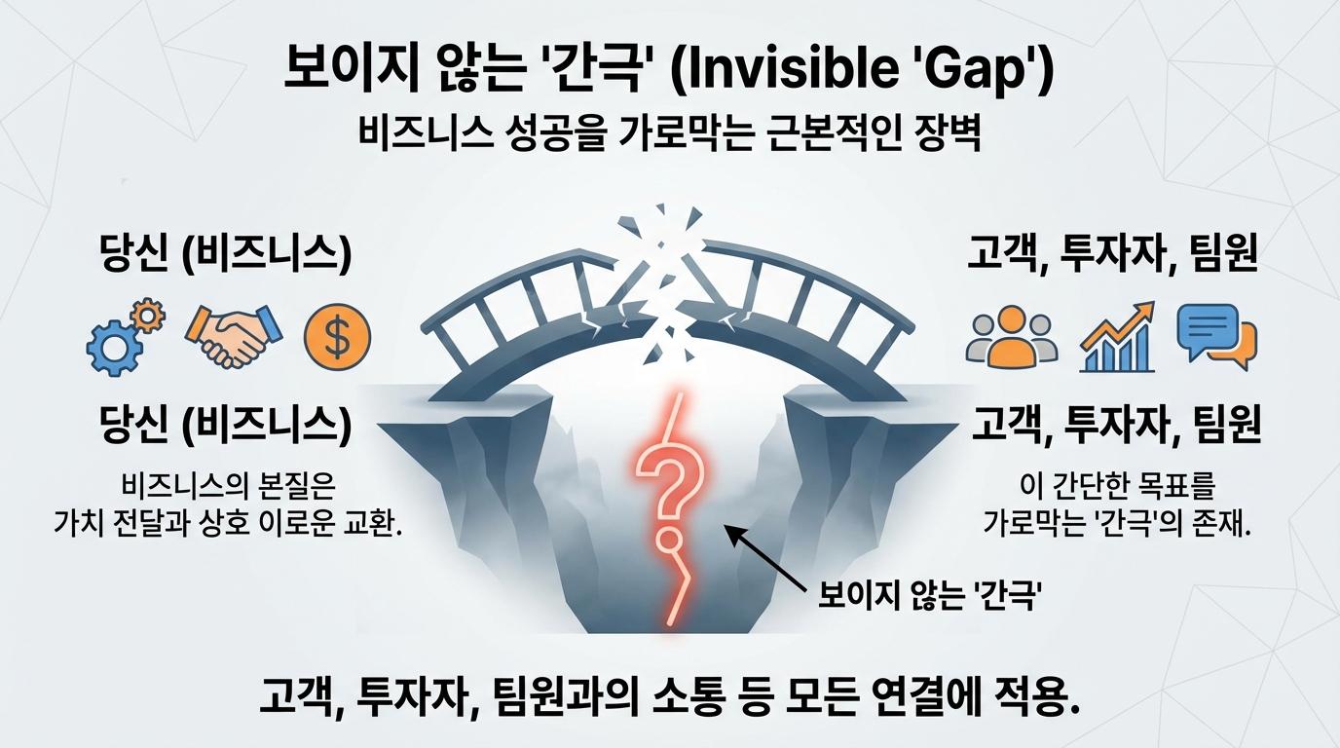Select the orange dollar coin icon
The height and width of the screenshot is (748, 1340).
tap(337, 335)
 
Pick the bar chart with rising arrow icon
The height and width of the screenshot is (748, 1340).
tap(1118, 337)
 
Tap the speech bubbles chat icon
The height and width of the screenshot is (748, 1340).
tap(1216, 337)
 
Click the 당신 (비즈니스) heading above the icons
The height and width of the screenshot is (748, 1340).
tap(225, 255)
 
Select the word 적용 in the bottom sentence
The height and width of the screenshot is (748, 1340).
tap(1033, 697)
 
